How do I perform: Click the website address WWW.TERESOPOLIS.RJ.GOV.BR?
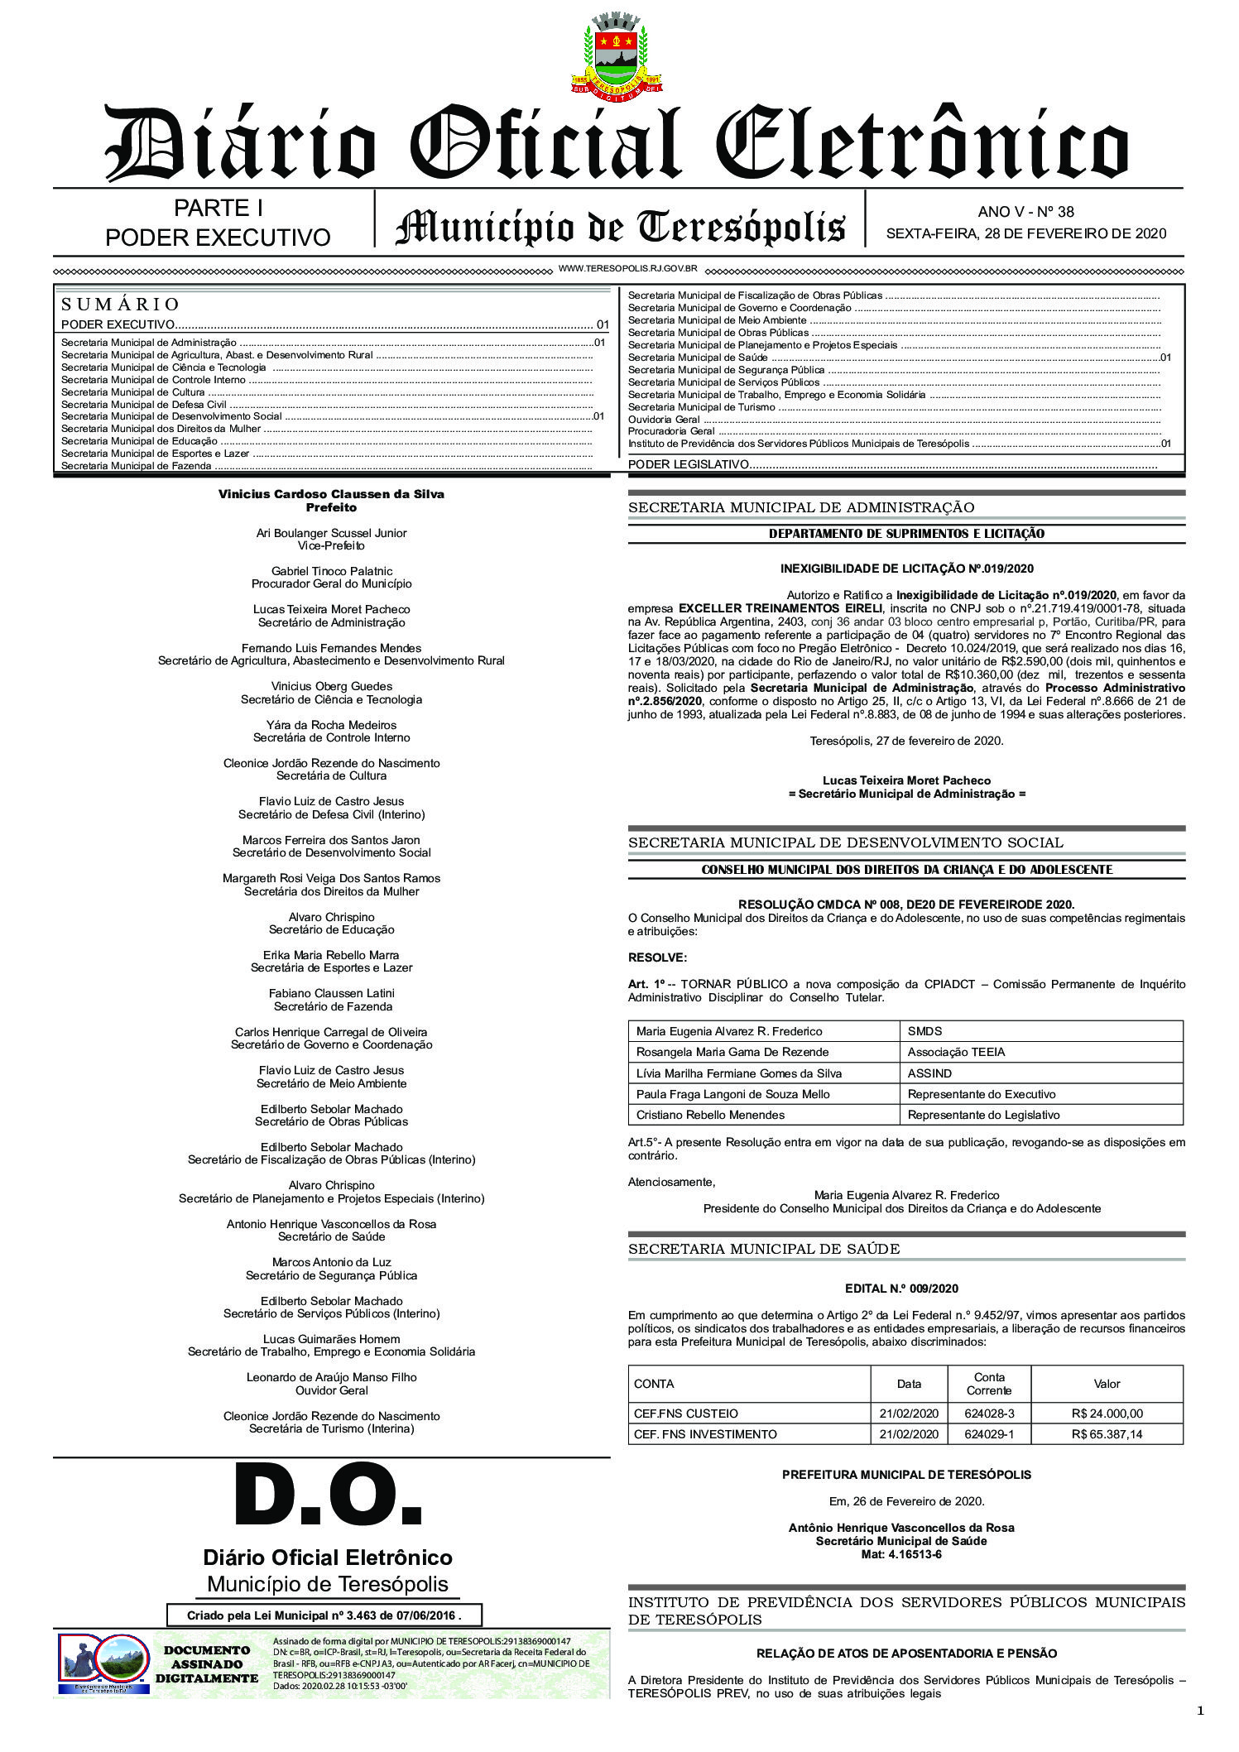tap(628, 269)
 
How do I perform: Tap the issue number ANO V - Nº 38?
tap(1025, 212)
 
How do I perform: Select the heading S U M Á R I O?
tap(121, 305)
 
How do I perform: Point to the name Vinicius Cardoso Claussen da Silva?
tap(331, 494)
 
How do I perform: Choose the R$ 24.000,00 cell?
tap(1107, 1414)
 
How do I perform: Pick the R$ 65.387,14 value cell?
tap(1107, 1434)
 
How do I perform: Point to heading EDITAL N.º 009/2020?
tap(906, 1289)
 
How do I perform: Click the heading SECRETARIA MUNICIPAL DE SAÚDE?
tap(764, 1249)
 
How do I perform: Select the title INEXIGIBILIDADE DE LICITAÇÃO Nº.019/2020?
tap(906, 569)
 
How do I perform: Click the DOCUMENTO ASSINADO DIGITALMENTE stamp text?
tap(207, 1663)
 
